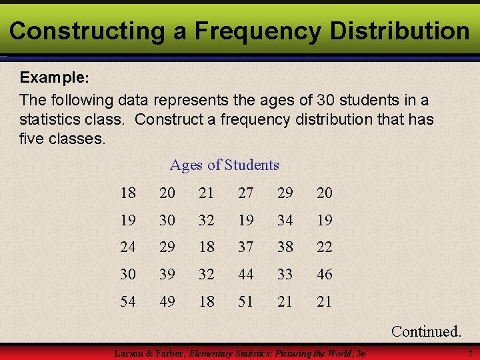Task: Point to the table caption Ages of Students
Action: [224, 165]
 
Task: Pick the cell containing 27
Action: [246, 193]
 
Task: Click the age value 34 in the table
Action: [285, 220]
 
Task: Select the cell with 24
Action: [128, 247]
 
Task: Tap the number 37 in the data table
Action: [246, 247]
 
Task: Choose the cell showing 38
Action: [285, 247]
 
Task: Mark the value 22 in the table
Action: [324, 247]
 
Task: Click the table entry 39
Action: [167, 274]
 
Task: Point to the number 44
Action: [246, 274]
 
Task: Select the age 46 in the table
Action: [324, 274]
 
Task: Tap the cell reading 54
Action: [128, 301]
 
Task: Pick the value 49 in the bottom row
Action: [167, 301]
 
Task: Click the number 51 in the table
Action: [246, 301]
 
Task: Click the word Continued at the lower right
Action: [426, 331]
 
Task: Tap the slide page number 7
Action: [469, 353]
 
